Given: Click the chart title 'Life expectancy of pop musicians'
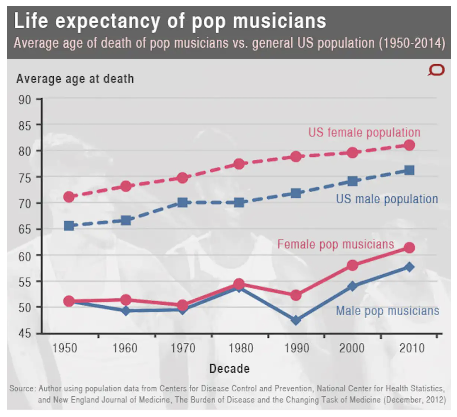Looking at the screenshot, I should pyautogui.click(x=170, y=21).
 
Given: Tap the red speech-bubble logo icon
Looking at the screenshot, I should pyautogui.click(x=436, y=70).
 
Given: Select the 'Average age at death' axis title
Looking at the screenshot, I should pyautogui.click(x=75, y=79).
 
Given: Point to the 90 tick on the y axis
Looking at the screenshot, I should pyautogui.click(x=25, y=100).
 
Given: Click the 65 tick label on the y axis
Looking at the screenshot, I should pyautogui.click(x=25, y=229).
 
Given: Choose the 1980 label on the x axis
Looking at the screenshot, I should pyautogui.click(x=241, y=348).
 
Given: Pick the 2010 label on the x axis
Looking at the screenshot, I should pyautogui.click(x=412, y=348).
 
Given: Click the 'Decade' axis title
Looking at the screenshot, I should pyautogui.click(x=229, y=369).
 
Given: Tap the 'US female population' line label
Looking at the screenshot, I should pyautogui.click(x=364, y=132).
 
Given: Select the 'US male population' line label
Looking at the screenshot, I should pyautogui.click(x=387, y=199).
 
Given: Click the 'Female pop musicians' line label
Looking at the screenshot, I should pyautogui.click(x=336, y=244).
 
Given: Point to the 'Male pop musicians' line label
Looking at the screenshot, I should pyautogui.click(x=387, y=311).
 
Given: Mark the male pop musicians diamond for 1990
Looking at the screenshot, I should pyautogui.click(x=296, y=320).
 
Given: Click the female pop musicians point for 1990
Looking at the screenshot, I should pyautogui.click(x=296, y=295).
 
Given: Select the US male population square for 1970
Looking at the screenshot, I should pyautogui.click(x=182, y=203).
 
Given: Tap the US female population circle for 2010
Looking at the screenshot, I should pyautogui.click(x=409, y=145).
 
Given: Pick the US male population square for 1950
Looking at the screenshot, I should pyautogui.click(x=69, y=226).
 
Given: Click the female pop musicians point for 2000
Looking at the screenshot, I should pyautogui.click(x=352, y=265).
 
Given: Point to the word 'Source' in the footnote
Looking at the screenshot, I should pyautogui.click(x=22, y=389).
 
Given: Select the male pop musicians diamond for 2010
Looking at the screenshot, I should pyautogui.click(x=409, y=267).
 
